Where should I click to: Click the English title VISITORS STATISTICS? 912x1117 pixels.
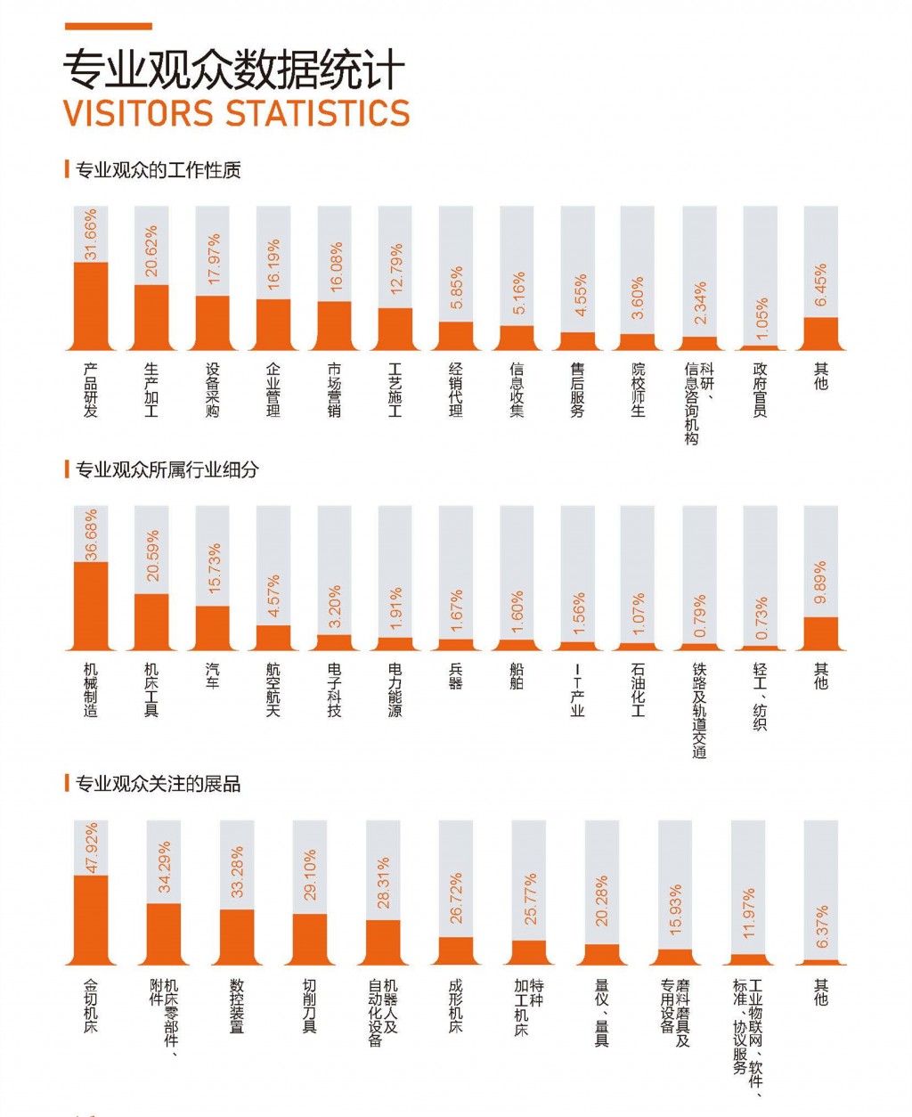(237, 114)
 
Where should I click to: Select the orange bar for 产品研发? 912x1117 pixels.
(91, 306)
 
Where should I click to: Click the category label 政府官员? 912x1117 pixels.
(760, 389)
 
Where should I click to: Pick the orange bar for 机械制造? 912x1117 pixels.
(91, 606)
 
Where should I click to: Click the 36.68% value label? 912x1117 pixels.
(91, 535)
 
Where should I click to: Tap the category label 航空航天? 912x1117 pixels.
(273, 689)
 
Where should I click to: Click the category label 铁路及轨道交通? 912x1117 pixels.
(699, 710)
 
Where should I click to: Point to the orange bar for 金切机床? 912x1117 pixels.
(91, 919)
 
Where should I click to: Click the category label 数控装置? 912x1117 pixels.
(237, 1006)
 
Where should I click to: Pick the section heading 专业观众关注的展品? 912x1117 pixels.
(158, 785)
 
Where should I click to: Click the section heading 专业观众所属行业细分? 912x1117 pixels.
(167, 469)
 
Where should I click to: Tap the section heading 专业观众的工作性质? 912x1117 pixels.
(158, 169)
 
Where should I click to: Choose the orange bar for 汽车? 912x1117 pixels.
(213, 628)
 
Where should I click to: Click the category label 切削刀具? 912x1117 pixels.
(310, 1006)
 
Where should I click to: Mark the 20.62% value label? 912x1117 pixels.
(151, 251)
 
